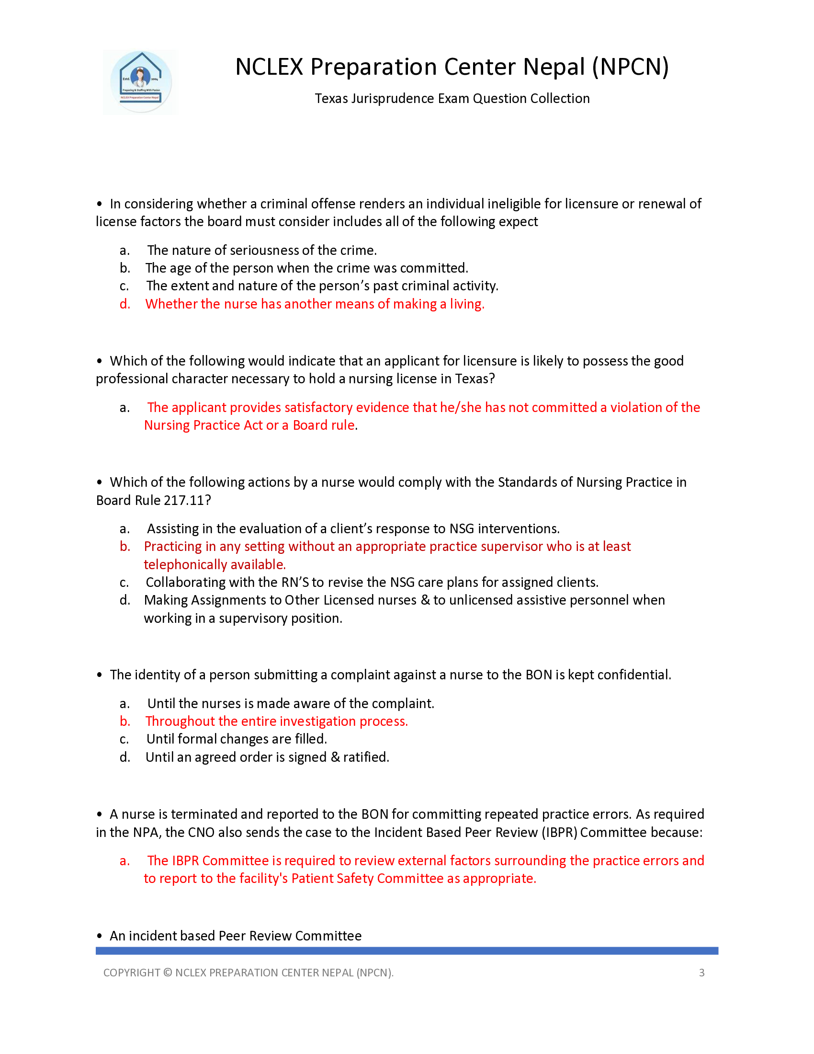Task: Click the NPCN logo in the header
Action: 140,82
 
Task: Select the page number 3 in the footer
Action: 701,973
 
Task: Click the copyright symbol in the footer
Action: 167,973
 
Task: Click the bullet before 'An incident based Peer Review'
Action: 99,936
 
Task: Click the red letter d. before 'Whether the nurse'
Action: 125,304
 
